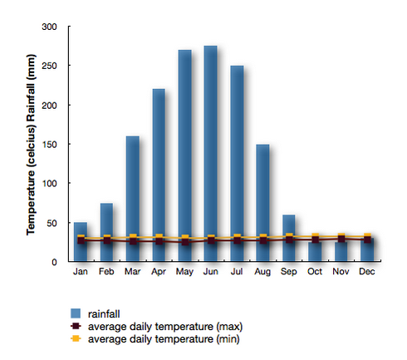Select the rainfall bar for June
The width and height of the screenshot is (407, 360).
coord(210,153)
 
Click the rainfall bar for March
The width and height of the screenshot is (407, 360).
coord(133,199)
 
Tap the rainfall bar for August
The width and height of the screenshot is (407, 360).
coord(262,203)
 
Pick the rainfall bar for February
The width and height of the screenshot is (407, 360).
coord(106,232)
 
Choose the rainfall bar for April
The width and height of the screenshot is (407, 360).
coord(159,175)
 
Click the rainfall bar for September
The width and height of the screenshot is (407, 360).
coord(289,238)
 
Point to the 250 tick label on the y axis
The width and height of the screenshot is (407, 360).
coord(49,66)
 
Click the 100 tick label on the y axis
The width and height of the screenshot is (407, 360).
coord(49,184)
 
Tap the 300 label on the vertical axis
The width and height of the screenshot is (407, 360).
coord(49,27)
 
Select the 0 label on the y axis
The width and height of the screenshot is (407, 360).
coord(54,262)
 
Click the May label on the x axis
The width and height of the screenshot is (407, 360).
coord(184,272)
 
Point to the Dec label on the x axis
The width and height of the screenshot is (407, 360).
coord(367,271)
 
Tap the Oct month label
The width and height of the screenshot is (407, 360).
coord(315,271)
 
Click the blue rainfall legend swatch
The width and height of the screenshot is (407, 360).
coord(76,313)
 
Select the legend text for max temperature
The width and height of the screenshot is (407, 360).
coord(165,327)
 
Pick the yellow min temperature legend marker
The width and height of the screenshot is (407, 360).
coord(76,338)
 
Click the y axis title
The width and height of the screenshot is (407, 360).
coord(31,145)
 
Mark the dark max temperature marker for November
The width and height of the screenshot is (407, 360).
coord(341,239)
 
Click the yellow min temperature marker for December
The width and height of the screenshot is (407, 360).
coord(367,236)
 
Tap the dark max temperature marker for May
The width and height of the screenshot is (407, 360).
coord(185,242)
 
